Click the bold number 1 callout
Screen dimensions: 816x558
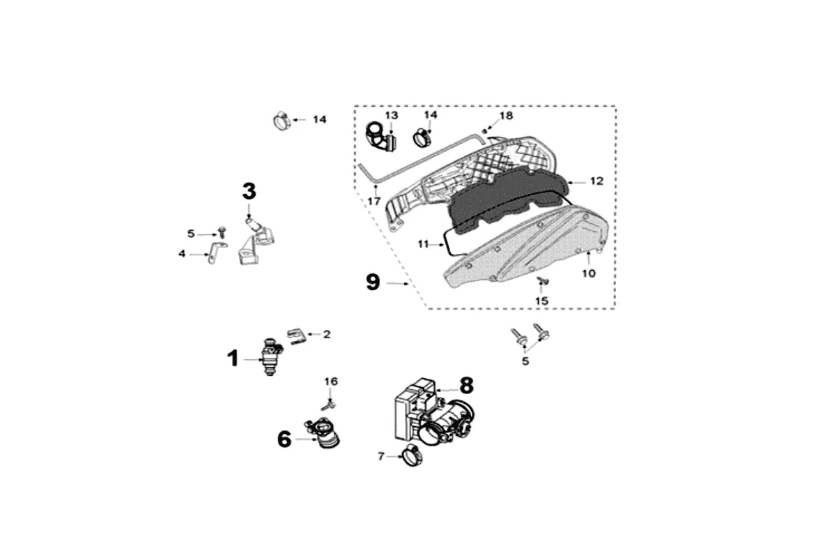pyautogui.click(x=233, y=359)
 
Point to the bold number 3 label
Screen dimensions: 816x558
pyautogui.click(x=249, y=190)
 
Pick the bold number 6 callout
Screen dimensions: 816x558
pyautogui.click(x=284, y=439)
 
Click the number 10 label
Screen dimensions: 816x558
pyautogui.click(x=589, y=273)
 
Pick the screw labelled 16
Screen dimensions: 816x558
pyautogui.click(x=329, y=402)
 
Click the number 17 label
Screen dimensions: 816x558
pyautogui.click(x=374, y=201)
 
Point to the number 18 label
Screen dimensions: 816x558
pyautogui.click(x=506, y=114)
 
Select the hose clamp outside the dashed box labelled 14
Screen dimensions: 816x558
pyautogui.click(x=282, y=121)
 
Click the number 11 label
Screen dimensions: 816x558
pyautogui.click(x=424, y=244)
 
